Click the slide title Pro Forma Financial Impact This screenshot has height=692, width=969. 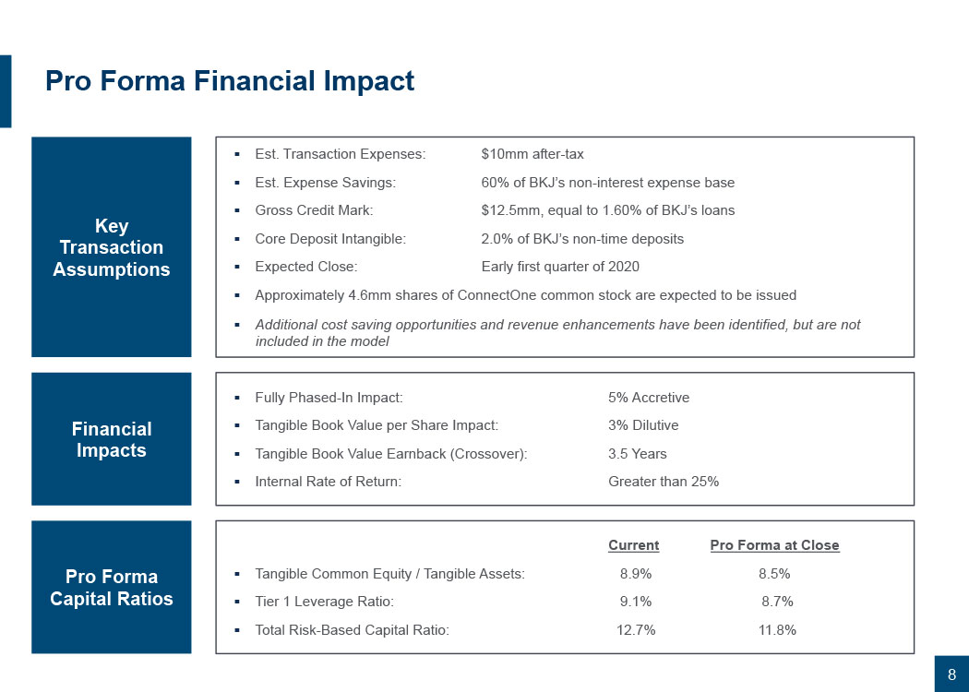(230, 81)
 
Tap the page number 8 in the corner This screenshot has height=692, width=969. (951, 674)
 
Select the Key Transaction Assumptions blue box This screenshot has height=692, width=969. (112, 247)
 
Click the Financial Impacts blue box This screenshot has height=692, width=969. (112, 439)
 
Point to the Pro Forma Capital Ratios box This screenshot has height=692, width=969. (112, 588)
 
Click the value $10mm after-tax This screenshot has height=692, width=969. (532, 154)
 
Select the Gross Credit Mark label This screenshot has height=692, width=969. (314, 210)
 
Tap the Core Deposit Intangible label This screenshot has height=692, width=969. (329, 239)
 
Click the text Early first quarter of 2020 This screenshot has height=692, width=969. (560, 267)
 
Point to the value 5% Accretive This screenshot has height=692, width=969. (649, 398)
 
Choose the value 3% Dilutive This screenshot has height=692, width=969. (643, 425)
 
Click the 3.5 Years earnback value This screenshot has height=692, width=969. (637, 454)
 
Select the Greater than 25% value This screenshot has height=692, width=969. (664, 482)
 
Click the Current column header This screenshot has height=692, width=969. (633, 545)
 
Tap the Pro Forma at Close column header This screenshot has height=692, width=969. (774, 545)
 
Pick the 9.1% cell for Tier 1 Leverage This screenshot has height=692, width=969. (635, 602)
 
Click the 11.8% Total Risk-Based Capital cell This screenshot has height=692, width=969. (776, 630)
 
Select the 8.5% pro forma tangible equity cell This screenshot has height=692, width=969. (774, 574)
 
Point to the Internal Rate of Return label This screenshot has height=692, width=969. (328, 482)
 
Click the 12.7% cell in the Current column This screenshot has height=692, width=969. (636, 630)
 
